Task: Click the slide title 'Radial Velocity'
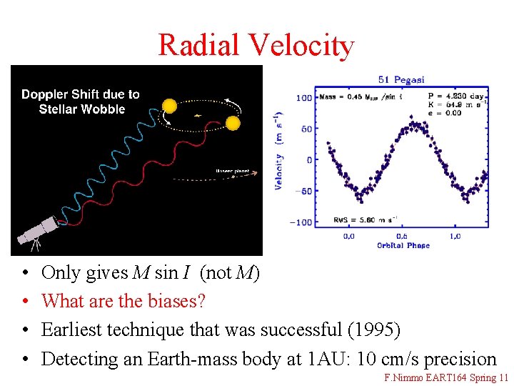[x=256, y=44]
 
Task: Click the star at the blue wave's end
[x=169, y=107]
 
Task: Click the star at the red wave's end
[x=233, y=124]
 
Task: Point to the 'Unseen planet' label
[x=232, y=171]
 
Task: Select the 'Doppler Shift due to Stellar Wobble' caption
[x=81, y=102]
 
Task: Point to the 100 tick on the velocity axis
[x=304, y=97]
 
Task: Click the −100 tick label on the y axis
[x=302, y=222]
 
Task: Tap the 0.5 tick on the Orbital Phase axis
[x=403, y=236]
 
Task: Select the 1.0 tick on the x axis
[x=455, y=236]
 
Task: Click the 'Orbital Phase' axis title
[x=403, y=246]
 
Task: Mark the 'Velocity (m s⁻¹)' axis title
[x=279, y=151]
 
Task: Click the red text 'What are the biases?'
[x=124, y=302]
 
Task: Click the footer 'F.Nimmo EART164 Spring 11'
[x=446, y=377]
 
